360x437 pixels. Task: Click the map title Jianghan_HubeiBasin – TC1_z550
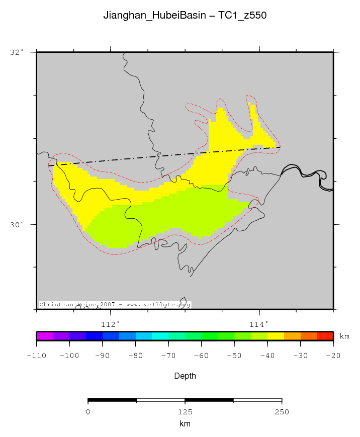click(x=185, y=16)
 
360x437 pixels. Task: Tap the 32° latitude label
click(x=17, y=52)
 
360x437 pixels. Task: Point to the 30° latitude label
click(x=17, y=224)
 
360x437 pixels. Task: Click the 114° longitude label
click(x=259, y=324)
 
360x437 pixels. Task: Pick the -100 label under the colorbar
click(x=69, y=356)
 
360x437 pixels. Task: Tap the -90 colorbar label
click(x=103, y=356)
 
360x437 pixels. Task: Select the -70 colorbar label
click(x=168, y=356)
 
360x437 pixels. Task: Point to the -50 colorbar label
click(x=234, y=356)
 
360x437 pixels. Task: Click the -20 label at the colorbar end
click(x=333, y=356)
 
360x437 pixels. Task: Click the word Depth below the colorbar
click(x=185, y=376)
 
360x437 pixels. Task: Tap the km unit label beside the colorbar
click(x=344, y=336)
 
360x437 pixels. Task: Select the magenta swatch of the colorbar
click(x=45, y=336)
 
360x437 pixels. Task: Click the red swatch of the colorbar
click(x=325, y=336)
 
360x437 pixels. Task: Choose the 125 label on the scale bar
click(x=185, y=412)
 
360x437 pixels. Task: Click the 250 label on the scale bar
click(x=282, y=412)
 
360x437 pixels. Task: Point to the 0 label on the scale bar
click(x=88, y=412)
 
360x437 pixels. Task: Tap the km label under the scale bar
click(x=185, y=424)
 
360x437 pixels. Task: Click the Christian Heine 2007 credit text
click(x=115, y=305)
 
